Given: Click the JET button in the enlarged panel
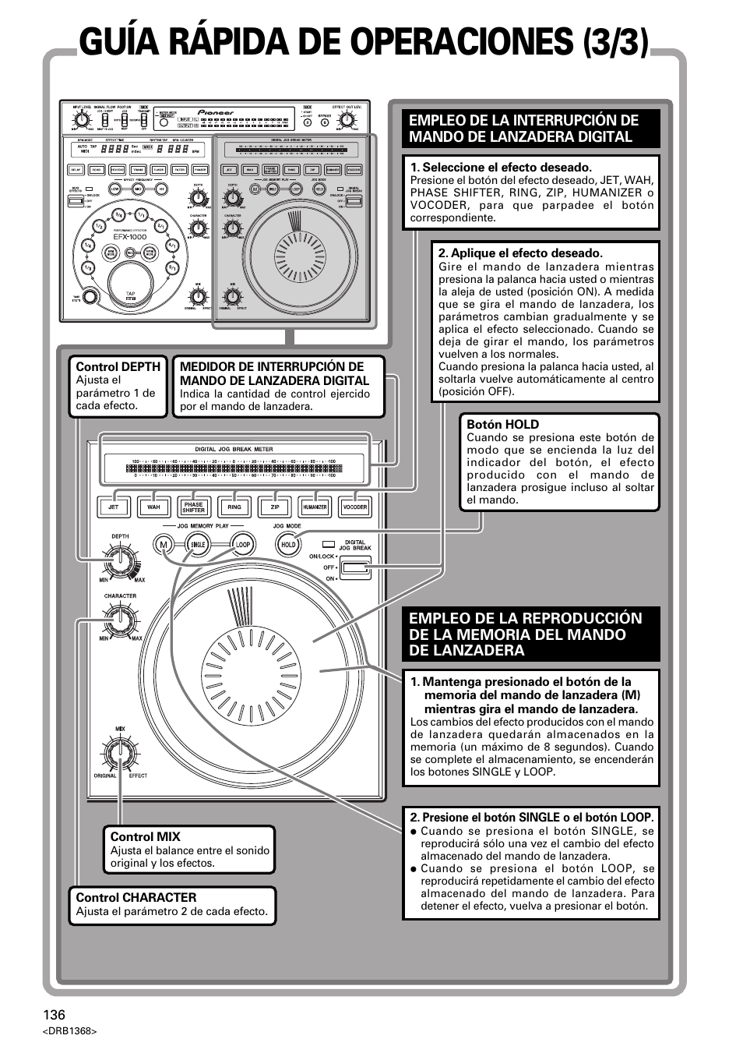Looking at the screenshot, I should pos(114,507).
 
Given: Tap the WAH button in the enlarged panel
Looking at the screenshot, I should pos(153,507).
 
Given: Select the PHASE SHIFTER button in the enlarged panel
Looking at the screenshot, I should pos(194,507).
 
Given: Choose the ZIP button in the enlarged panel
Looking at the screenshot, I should pos(274,507).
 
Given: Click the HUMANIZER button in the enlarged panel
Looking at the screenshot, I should pos(315,507).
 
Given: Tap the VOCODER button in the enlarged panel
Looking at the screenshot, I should pos(355,507).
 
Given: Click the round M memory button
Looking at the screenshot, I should pos(164,545).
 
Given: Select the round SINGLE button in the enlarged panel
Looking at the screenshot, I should pos(198,545).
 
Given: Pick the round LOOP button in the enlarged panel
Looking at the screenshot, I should pos(243,545).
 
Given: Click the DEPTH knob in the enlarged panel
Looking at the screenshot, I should pos(120,559).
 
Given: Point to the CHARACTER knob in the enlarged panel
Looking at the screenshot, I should pos(120,619).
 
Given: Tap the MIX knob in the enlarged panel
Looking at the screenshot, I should pos(120,753).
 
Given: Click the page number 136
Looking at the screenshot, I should pos(55,1015).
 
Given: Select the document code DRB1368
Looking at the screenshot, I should pos(69,1031).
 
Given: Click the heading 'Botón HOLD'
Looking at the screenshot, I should pos(502,424).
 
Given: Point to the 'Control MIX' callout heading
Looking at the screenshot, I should pos(145,836).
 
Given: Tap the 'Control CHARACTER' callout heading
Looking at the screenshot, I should pos(136,897).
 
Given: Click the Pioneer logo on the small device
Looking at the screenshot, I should pos(216,112).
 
